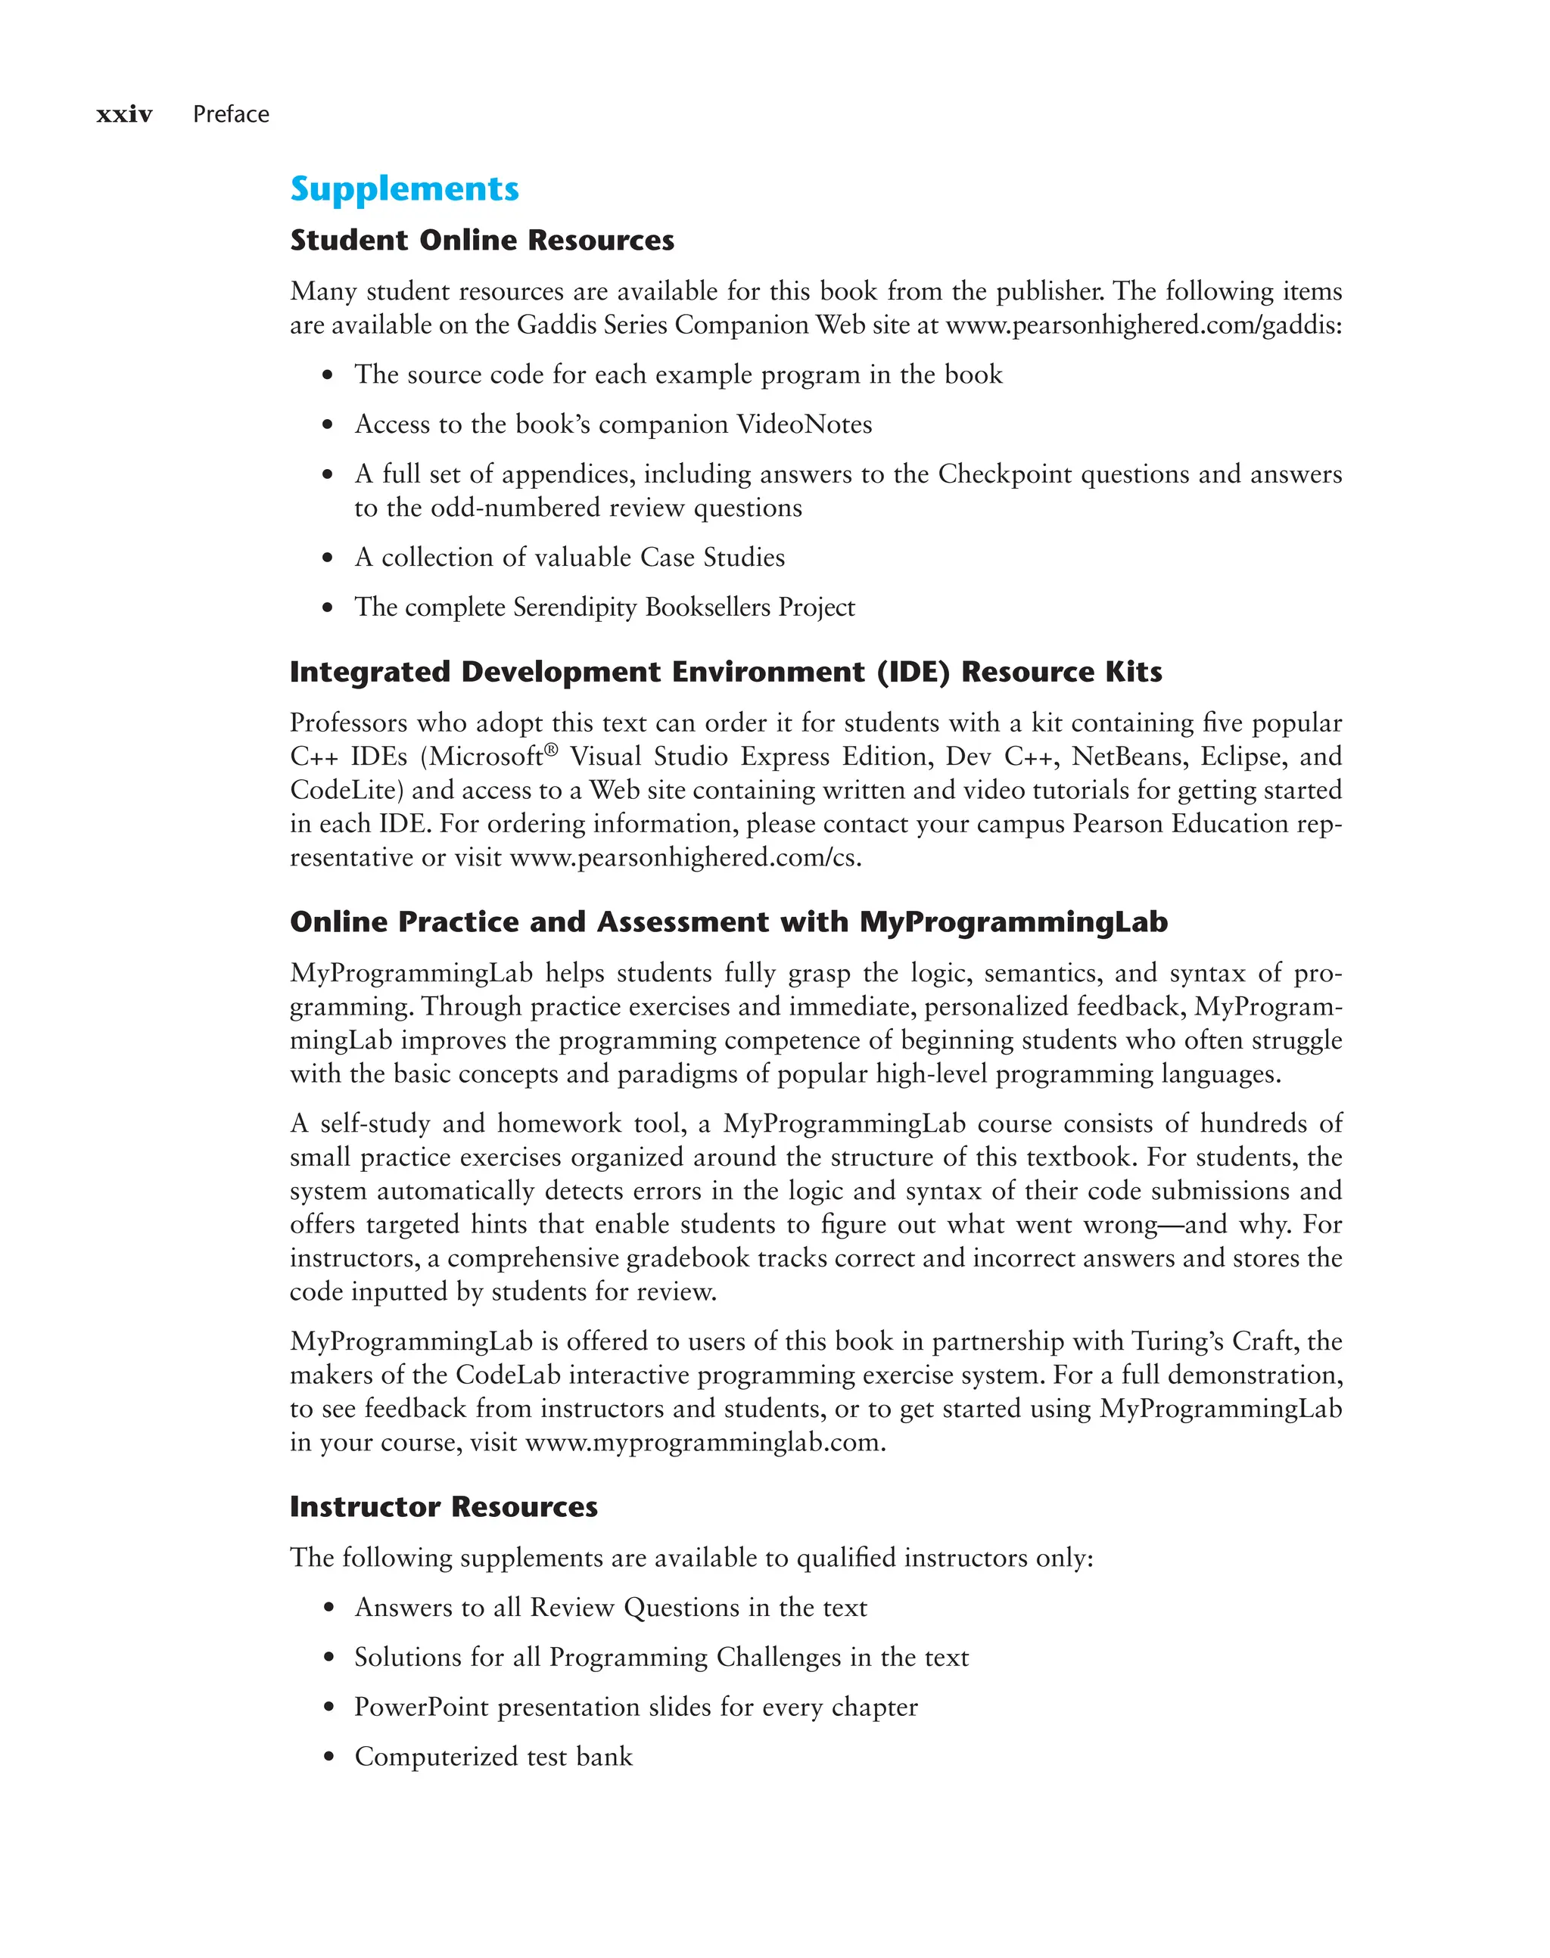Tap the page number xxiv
(124, 114)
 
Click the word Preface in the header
(231, 114)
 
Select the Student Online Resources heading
(482, 241)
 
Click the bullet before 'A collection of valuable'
(328, 558)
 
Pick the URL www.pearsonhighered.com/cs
(684, 857)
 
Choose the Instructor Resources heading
(443, 1507)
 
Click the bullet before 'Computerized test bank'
(328, 1758)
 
